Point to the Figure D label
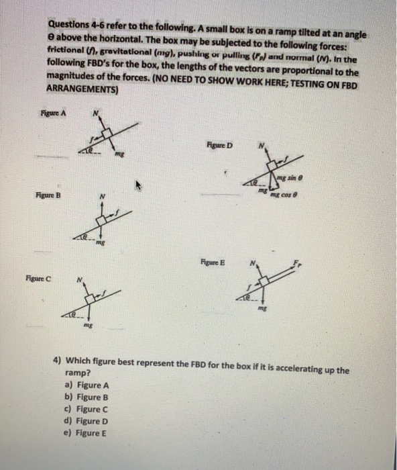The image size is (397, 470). (x=221, y=145)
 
